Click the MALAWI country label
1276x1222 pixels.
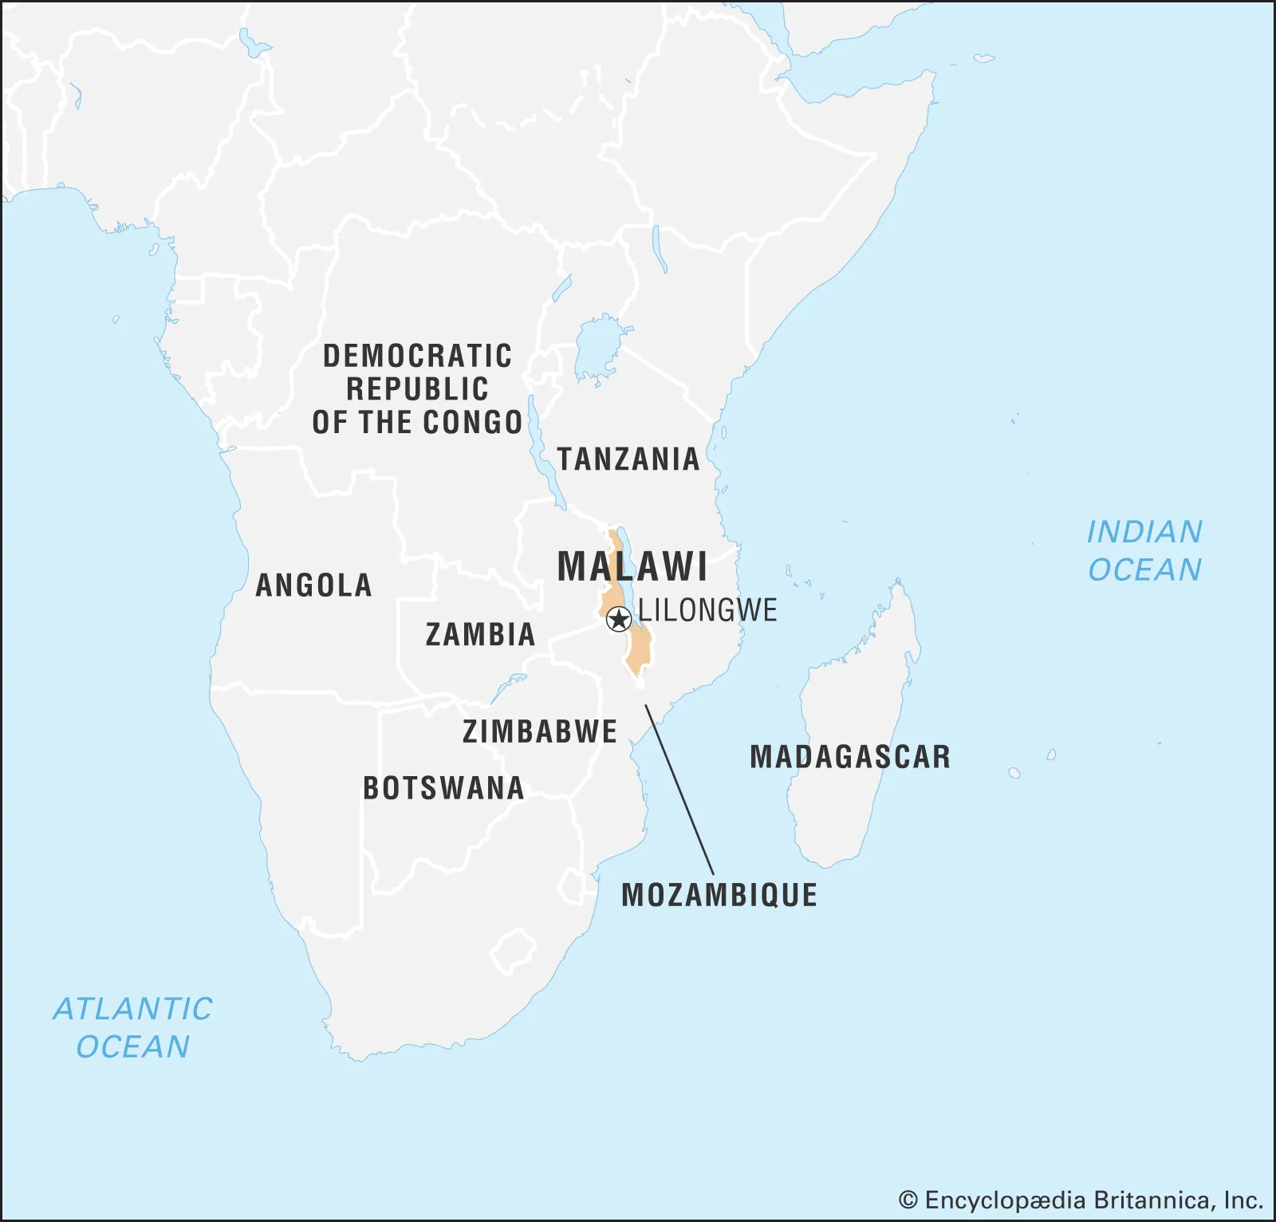[x=632, y=567]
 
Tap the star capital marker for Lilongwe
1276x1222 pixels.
[x=619, y=619]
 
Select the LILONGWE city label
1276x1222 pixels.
[x=707, y=611]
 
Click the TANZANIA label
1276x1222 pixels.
[x=628, y=459]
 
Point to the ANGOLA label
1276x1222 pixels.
[x=313, y=585]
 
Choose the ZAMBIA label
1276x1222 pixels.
[x=480, y=635]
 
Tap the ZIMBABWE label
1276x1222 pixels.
[x=540, y=731]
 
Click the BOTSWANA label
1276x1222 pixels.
[x=443, y=788]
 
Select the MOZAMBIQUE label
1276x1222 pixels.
[x=719, y=895]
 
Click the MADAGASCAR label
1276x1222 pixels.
[x=850, y=757]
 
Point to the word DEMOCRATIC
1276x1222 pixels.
[x=417, y=356]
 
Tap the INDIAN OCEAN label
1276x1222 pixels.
[x=1144, y=550]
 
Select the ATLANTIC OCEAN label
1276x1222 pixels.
[x=133, y=1027]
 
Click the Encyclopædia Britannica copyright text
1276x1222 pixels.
[x=1081, y=1200]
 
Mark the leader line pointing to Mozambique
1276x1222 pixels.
[x=679, y=790]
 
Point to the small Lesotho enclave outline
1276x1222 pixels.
[x=512, y=951]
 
